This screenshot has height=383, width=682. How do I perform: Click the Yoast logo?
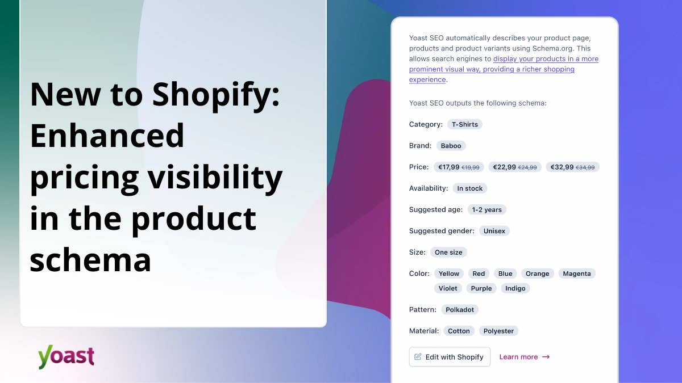click(66, 356)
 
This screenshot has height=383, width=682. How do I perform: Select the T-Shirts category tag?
click(464, 124)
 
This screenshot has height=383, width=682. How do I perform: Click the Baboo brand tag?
click(451, 146)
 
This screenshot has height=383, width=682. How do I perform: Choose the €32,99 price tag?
click(572, 167)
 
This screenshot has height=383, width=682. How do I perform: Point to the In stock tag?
click(469, 188)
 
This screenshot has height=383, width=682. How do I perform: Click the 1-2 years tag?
click(486, 210)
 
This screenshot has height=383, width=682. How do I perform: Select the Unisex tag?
click(494, 231)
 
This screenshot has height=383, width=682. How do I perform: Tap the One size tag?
click(448, 252)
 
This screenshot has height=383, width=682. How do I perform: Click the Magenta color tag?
click(576, 273)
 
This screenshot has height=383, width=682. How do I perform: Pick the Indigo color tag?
click(515, 288)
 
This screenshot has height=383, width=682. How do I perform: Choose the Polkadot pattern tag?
click(459, 310)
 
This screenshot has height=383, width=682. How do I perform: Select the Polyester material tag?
click(498, 331)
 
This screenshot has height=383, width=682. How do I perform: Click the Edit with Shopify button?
click(450, 357)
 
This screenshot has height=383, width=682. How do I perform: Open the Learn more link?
click(524, 357)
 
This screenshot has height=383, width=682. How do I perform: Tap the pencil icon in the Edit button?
click(418, 357)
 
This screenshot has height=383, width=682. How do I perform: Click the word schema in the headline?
click(90, 261)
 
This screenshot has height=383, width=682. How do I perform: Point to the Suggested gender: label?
click(442, 231)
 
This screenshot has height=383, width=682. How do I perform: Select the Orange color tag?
click(537, 273)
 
